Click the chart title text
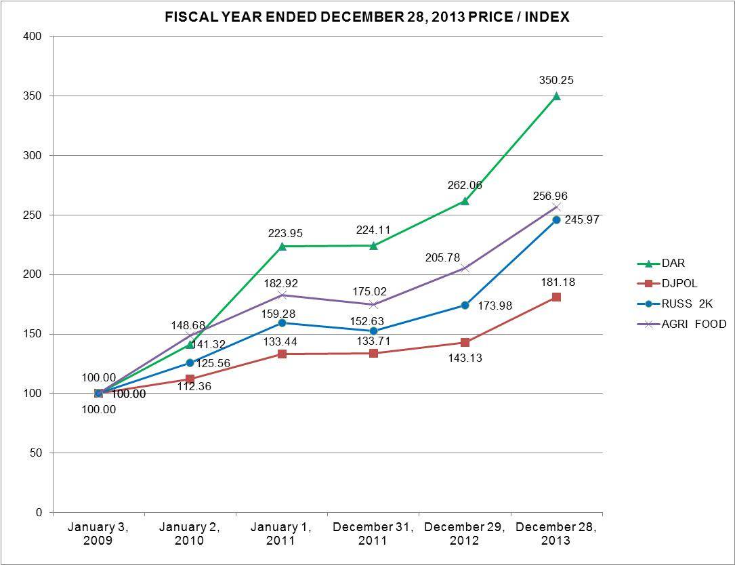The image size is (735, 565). point(367,17)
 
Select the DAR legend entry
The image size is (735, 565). point(673,264)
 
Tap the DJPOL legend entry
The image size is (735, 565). point(679,284)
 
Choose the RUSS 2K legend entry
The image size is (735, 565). point(687,304)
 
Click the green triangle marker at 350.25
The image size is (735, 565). point(556,96)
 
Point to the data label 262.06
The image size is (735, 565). point(465,185)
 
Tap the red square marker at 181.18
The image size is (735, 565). point(556,297)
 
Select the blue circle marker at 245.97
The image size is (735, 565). point(556,219)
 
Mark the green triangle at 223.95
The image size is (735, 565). point(282,246)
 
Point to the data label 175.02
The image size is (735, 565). point(371,292)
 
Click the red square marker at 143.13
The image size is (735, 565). point(465,342)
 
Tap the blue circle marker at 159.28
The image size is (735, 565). point(282,323)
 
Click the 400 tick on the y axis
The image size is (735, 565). point(35,37)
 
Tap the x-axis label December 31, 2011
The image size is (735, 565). point(373,534)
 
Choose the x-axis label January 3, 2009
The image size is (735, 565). point(98,534)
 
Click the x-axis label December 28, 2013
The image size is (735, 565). point(556,534)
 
